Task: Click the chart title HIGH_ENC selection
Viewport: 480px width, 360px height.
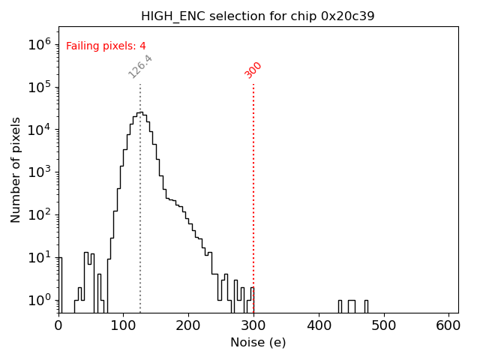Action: (258, 16)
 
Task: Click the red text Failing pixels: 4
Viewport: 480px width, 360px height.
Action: (106, 46)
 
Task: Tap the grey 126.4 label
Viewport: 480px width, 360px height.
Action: (140, 66)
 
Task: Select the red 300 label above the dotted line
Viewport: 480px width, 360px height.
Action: (253, 70)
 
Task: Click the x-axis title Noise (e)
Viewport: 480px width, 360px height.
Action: (258, 343)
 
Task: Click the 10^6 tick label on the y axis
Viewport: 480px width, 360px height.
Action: (39, 43)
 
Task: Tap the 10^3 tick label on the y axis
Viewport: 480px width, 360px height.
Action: (39, 172)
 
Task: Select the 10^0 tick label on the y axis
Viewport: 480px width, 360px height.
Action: (39, 300)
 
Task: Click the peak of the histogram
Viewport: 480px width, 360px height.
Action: (140, 112)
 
